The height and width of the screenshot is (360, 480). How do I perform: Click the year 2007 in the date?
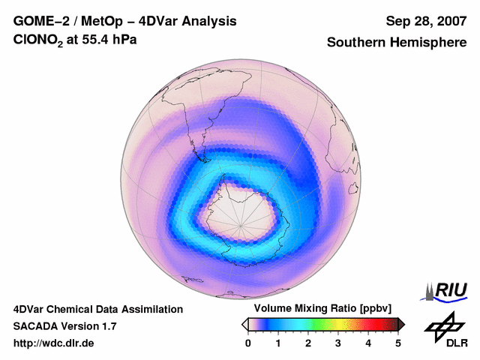pos(448,21)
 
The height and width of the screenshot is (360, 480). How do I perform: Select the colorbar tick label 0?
pos(248,343)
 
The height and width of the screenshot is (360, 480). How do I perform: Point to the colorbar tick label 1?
pos(278,343)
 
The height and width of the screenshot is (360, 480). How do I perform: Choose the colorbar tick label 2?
pos(308,343)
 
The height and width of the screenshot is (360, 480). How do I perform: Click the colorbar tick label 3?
pos(338,343)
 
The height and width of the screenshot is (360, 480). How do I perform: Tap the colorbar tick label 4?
pos(368,343)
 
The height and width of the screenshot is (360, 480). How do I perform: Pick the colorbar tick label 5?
pos(398,343)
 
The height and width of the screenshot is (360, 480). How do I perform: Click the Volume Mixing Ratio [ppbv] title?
pos(323,309)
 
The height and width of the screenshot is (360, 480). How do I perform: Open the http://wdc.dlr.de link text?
pos(54,343)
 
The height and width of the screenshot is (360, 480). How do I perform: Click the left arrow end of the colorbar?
pos(244,324)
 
